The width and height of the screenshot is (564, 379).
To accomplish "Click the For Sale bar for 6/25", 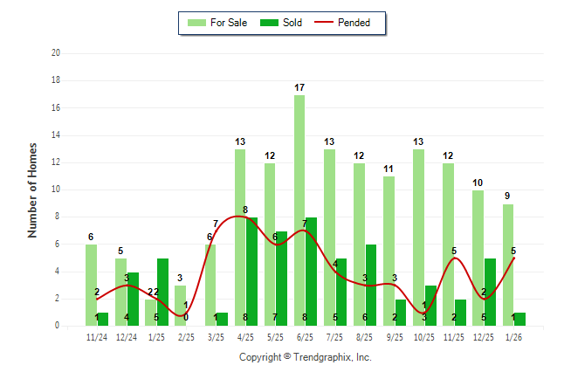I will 299,210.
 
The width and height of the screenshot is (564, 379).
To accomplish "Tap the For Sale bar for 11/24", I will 91,285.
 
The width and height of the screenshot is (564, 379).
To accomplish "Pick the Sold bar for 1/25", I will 162,292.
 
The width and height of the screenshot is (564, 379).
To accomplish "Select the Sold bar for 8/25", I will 371,285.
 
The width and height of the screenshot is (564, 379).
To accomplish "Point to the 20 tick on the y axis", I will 55,53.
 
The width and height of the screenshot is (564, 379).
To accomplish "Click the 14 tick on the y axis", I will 55,135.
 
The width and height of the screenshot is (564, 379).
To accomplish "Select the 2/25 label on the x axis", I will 186,337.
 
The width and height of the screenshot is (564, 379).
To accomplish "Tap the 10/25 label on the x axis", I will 424,337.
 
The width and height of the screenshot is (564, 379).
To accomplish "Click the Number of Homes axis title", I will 33,189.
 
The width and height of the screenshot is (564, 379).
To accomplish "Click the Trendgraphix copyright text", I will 305,357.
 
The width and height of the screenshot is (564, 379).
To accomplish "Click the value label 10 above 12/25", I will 478,183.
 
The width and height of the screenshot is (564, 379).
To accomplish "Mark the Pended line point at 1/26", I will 514,258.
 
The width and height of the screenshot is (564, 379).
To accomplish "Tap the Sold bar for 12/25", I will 491,292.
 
